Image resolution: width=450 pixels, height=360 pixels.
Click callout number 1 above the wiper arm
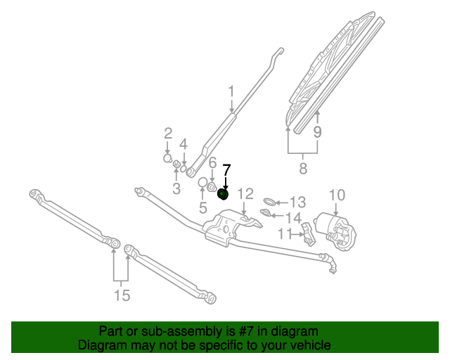[231, 91]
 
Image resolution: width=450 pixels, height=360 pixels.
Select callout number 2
[168, 134]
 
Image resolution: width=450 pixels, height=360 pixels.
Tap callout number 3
[176, 188]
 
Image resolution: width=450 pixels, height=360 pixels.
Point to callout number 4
[184, 144]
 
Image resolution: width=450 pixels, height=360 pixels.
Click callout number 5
[202, 207]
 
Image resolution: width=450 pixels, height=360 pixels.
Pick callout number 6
[212, 163]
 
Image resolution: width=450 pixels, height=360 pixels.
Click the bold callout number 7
[226, 170]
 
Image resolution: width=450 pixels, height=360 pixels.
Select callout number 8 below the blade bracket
[303, 168]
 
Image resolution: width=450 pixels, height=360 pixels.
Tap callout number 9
[317, 131]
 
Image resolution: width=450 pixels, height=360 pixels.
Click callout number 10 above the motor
[337, 195]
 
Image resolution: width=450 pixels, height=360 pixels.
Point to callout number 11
[285, 233]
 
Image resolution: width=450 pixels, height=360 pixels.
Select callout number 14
[293, 217]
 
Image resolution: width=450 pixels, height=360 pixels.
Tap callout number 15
[122, 295]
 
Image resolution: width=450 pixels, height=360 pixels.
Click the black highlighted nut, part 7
[224, 194]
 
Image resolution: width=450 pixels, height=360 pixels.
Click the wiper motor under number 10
[337, 229]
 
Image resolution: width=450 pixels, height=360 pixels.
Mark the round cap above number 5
[202, 184]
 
